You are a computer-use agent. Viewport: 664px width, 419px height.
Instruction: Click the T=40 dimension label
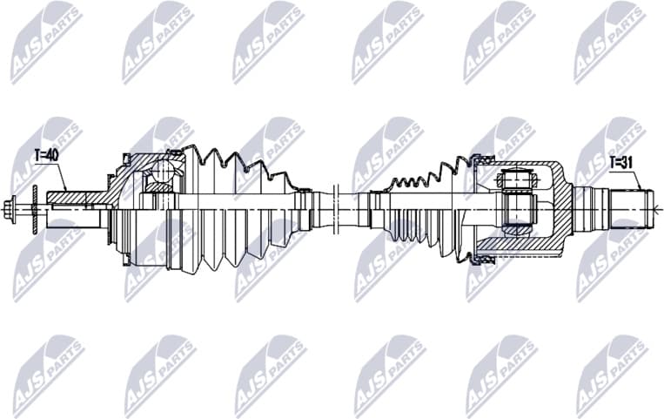pos(46,156)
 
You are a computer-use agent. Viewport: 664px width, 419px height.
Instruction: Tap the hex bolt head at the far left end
pos(11,208)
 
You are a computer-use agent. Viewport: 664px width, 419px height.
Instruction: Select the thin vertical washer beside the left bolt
pos(33,208)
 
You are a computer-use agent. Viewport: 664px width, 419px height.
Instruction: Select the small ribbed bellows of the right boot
pos(409,187)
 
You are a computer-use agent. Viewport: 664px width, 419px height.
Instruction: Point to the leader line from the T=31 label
pos(637,179)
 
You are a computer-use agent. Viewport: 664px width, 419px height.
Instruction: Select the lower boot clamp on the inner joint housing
pos(477,259)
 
